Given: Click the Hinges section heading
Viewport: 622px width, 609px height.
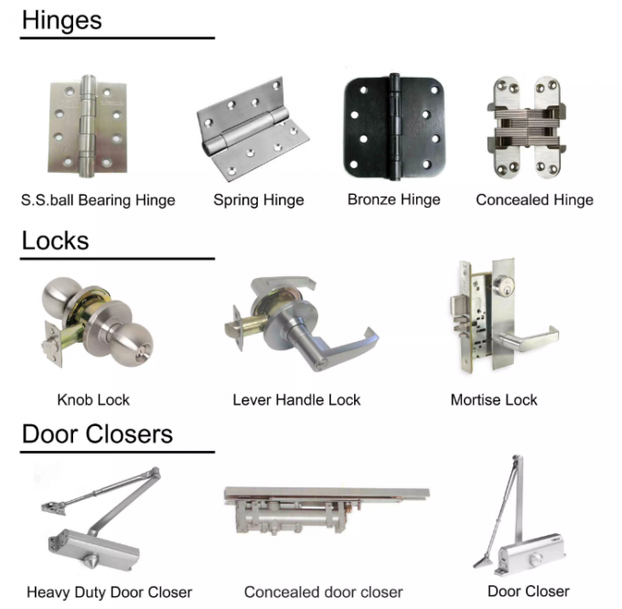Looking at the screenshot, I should tap(62, 19).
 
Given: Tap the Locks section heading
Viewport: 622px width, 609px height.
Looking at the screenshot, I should tap(55, 240).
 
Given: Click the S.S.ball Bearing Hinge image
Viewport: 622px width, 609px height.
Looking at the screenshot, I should tap(87, 127).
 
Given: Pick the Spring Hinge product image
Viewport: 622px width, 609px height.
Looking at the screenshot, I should tap(242, 129).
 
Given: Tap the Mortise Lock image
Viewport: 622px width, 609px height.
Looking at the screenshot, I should tap(493, 319).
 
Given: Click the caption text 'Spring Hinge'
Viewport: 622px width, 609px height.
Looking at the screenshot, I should tap(259, 200).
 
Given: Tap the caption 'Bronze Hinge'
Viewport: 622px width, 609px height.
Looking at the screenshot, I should tap(393, 199).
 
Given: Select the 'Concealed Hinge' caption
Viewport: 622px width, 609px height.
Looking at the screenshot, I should tap(534, 200).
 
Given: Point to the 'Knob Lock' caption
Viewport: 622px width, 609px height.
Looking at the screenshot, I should tap(93, 400).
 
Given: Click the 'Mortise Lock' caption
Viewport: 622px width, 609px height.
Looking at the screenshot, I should tap(494, 400).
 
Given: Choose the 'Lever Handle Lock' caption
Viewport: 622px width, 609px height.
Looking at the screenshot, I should tap(296, 400).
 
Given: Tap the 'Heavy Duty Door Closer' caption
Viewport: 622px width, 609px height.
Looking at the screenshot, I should tap(109, 593).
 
